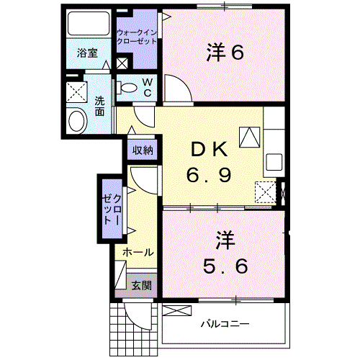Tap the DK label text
pos(209,150)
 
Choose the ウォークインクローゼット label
pos(137,37)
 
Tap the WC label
pos(146,87)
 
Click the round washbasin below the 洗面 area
pos(76,120)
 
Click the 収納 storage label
pos(142,150)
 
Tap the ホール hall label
pos(137,253)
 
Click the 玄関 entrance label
pos(141,285)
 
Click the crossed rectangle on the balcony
pos(175,310)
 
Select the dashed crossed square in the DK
pos(266,192)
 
